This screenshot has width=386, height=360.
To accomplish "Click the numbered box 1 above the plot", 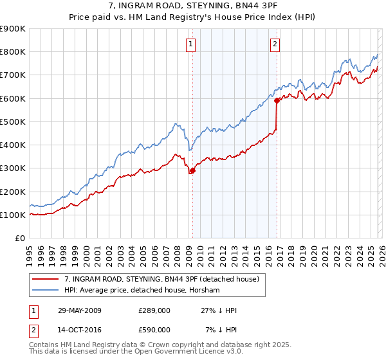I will (192, 44).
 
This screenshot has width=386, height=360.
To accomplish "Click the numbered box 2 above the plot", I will (275, 44).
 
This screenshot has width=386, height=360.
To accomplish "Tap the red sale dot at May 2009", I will (192, 170).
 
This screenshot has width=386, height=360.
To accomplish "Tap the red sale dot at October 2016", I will (277, 100).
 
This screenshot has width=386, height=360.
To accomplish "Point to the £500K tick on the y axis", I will (12, 122).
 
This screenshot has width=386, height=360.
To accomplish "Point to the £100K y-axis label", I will (12, 215).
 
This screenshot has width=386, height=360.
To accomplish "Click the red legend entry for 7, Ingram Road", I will (161, 279).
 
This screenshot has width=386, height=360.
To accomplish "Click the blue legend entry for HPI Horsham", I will (142, 291).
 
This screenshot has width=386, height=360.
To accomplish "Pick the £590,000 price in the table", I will (154, 329).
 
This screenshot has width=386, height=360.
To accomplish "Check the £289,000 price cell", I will (154, 310).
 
